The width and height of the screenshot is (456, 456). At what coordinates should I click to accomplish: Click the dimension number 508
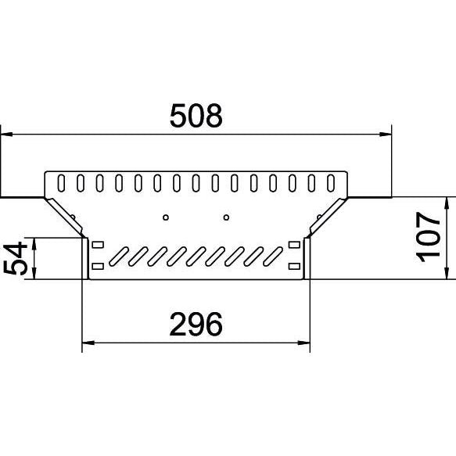196,116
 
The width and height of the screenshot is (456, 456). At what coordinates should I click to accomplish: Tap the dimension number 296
196,324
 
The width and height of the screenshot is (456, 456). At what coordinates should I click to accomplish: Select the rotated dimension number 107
429,237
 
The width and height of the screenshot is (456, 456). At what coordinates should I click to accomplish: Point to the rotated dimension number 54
16,258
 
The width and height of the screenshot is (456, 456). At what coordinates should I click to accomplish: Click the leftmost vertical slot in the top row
61,183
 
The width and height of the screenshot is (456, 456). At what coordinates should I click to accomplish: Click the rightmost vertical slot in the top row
331,183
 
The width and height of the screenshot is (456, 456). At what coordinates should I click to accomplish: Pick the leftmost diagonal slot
119,257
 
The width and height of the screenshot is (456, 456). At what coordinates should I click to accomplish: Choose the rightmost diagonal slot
273,257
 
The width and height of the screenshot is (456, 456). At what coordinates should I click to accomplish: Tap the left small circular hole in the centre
166,217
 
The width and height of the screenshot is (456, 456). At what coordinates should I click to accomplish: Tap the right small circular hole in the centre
226,217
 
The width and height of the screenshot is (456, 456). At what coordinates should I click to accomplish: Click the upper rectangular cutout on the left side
98,245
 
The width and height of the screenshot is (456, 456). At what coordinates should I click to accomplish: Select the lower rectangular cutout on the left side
98,266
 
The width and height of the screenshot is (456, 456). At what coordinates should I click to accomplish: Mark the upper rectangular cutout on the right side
294,245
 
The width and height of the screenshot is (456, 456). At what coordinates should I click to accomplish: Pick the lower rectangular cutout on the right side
294,266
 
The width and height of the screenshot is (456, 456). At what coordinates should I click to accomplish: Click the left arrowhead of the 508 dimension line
6,135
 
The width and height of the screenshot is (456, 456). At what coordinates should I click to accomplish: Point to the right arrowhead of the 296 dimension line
304,343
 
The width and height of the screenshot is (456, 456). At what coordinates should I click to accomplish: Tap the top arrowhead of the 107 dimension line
446,203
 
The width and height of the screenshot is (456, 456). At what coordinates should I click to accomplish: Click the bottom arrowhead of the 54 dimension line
34,274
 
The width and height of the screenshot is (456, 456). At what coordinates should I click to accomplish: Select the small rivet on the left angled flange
73,217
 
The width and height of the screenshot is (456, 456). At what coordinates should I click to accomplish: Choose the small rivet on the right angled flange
319,217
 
